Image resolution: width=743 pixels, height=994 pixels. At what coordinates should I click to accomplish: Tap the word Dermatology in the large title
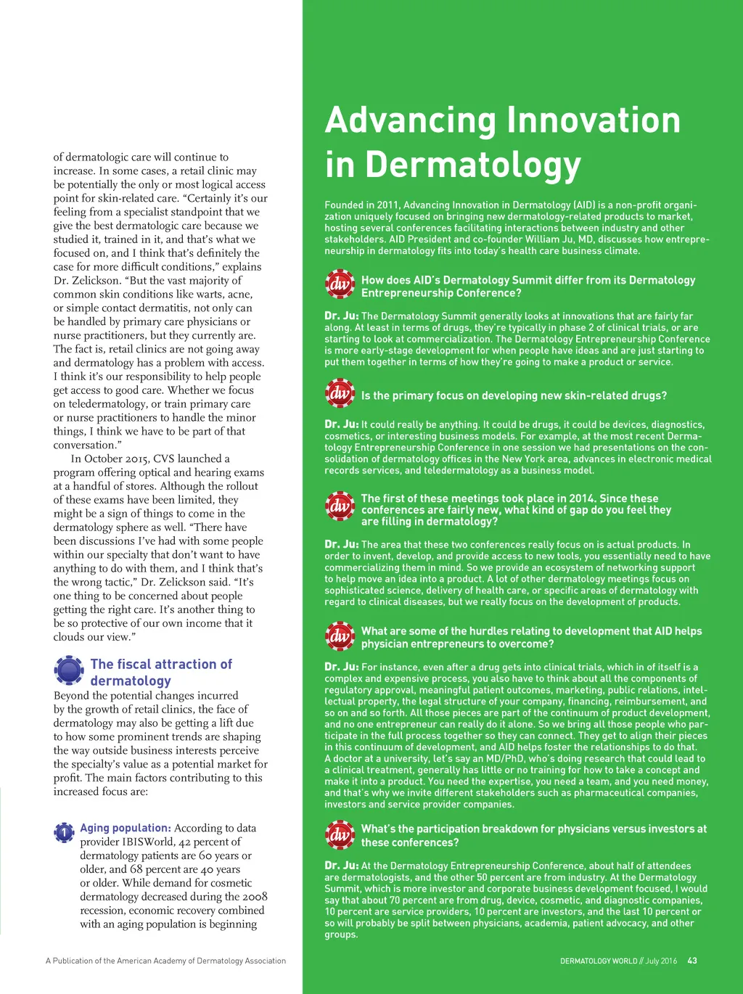(473, 165)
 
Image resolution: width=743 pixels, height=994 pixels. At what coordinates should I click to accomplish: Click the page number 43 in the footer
(692, 961)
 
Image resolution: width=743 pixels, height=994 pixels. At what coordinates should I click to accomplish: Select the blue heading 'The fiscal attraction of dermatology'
(160, 672)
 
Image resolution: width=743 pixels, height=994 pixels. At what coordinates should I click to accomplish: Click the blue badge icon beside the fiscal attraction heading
(69, 670)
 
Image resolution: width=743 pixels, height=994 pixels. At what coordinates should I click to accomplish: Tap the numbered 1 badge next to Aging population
(64, 832)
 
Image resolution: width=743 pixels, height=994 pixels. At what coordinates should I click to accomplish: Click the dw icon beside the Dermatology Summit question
(340, 284)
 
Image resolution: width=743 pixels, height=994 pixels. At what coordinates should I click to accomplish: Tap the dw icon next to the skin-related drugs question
(340, 394)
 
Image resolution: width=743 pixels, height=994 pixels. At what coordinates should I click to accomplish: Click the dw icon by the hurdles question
(340, 636)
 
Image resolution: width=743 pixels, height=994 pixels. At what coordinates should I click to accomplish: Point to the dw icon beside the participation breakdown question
(340, 834)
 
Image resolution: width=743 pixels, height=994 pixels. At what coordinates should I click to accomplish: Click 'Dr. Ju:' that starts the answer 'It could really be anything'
(341, 424)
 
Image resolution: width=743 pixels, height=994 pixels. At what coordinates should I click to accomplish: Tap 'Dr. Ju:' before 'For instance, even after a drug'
(341, 667)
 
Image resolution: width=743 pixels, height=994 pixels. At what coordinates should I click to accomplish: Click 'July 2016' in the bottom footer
(661, 961)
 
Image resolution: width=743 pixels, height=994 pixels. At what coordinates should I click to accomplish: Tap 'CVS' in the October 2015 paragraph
(186, 459)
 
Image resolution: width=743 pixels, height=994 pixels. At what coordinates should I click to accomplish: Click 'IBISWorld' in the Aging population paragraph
(149, 842)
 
